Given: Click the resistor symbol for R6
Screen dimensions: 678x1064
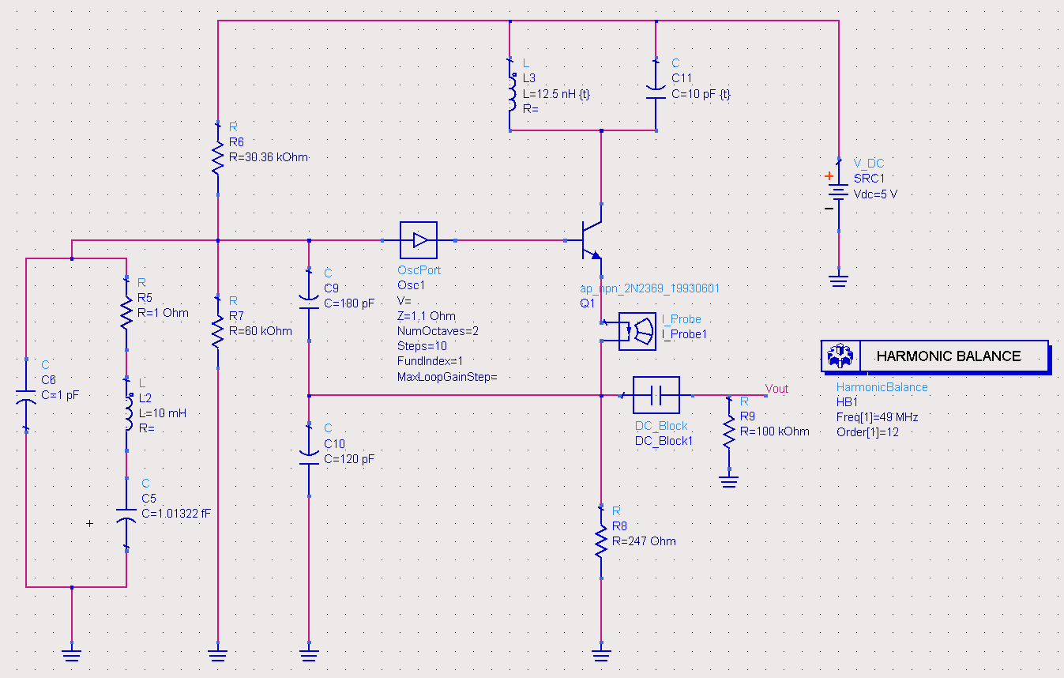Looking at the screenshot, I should [x=217, y=157].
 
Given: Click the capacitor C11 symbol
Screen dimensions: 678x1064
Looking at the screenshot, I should [x=656, y=92].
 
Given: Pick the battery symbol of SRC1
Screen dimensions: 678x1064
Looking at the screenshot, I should [x=838, y=194].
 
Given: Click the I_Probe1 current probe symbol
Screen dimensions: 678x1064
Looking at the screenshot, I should [x=636, y=331].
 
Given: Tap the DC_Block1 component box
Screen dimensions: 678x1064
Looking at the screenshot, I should [x=656, y=395].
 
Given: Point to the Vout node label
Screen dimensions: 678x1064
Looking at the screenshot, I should [x=776, y=389].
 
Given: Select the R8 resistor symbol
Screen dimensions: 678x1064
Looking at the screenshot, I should [x=600, y=542].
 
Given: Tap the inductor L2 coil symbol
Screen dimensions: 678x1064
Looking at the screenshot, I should [x=126, y=413].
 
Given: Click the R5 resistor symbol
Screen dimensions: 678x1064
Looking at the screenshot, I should [x=126, y=313].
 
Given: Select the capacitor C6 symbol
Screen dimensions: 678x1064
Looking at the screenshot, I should [x=26, y=399].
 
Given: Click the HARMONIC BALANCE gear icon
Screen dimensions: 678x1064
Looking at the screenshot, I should [x=838, y=356].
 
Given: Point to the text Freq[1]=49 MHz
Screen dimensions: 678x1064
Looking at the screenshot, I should [x=877, y=416].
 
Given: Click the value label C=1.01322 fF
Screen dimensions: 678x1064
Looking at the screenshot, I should [x=175, y=513].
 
